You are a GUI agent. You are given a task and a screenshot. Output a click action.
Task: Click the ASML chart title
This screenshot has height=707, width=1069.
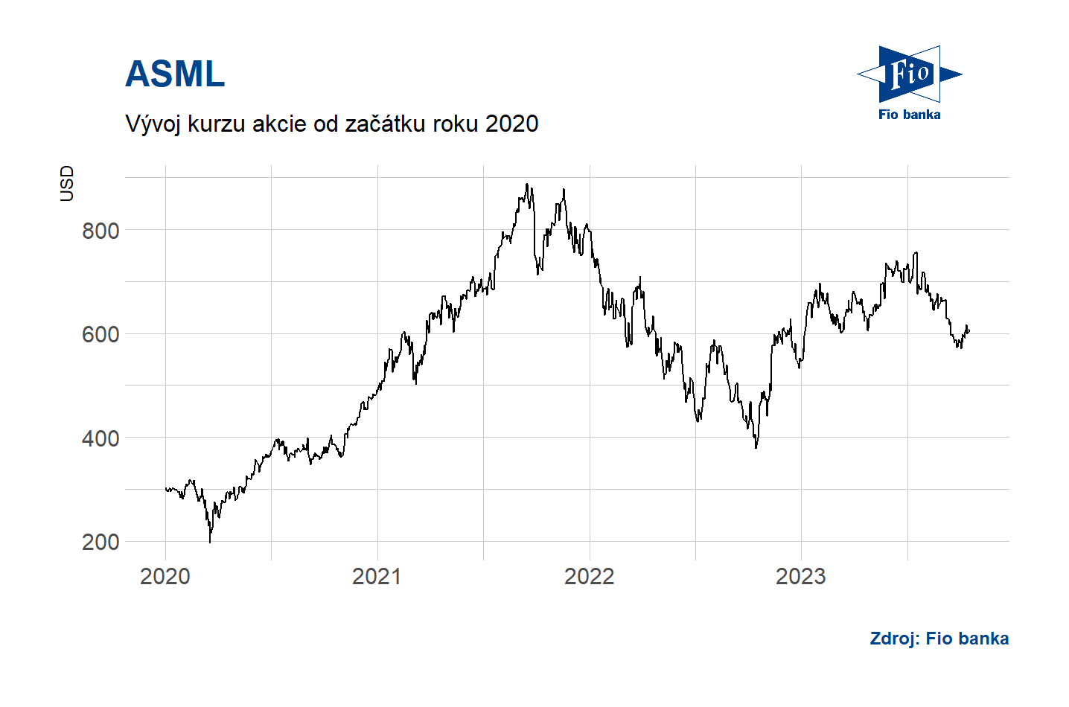[175, 74]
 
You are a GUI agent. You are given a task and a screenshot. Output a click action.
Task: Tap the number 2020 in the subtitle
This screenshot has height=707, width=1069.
[511, 124]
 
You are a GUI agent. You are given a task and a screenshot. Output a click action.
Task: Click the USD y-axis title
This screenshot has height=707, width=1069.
[67, 183]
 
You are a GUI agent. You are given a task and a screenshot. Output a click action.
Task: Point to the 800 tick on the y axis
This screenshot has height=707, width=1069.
[100, 231]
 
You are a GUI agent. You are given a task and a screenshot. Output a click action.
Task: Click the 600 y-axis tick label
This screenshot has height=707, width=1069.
[100, 334]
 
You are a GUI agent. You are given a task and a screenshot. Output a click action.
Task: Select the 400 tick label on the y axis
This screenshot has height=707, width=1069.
[100, 438]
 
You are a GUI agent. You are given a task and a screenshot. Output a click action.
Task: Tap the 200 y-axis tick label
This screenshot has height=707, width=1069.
[100, 542]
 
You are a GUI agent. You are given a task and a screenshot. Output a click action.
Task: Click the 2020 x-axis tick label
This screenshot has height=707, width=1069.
[165, 576]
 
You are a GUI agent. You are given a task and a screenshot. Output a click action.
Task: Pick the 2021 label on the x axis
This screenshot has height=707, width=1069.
[377, 576]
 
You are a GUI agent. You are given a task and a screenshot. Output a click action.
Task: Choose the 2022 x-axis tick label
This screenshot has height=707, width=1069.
[589, 576]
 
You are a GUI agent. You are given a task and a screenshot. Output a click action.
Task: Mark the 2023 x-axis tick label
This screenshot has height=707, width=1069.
[801, 576]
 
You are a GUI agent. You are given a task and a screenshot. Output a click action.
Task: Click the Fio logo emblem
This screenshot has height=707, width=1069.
[909, 74]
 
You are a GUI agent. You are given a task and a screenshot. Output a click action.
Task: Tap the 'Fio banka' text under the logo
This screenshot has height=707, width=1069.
[909, 115]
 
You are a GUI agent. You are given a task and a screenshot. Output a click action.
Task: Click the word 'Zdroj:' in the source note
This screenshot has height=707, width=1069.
[895, 639]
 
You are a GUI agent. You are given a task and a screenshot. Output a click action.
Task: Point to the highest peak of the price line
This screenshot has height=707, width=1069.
[527, 185]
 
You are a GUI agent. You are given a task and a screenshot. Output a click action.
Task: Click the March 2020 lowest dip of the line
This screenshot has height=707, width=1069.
[210, 541]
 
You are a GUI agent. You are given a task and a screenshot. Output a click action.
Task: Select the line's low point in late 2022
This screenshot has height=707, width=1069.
[756, 447]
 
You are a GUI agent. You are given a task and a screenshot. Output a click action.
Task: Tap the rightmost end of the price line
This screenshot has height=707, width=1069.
[969, 330]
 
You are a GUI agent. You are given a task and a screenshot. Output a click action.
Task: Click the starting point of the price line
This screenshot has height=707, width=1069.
[165, 488]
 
